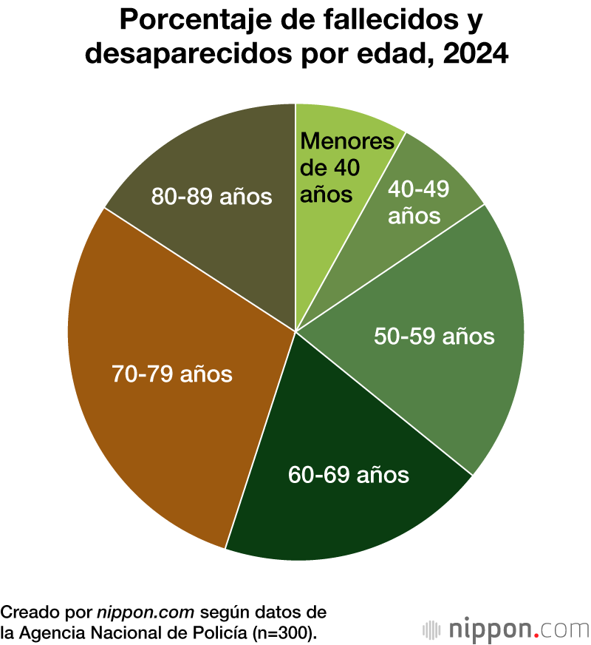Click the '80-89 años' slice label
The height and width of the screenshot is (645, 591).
click(x=211, y=197)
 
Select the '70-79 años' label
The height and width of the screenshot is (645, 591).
click(x=171, y=374)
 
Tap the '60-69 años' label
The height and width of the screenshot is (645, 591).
click(x=348, y=473)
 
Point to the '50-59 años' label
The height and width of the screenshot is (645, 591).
click(x=434, y=336)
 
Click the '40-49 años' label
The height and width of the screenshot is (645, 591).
click(x=414, y=203)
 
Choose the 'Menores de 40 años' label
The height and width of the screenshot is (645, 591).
click(x=338, y=167)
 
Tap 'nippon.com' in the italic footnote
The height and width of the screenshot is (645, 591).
click(x=146, y=612)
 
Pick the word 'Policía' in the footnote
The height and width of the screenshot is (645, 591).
click(x=220, y=632)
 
